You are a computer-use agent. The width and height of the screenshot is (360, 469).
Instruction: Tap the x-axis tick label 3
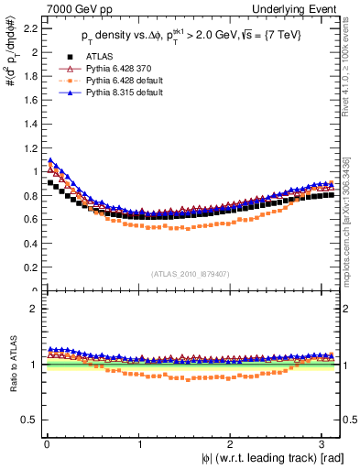click(x=324, y=444)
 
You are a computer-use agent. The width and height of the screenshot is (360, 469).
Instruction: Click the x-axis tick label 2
click(x=232, y=444)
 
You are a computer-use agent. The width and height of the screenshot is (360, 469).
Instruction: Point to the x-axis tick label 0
click(x=46, y=444)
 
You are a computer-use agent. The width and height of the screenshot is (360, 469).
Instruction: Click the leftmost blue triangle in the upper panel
click(x=50, y=160)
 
